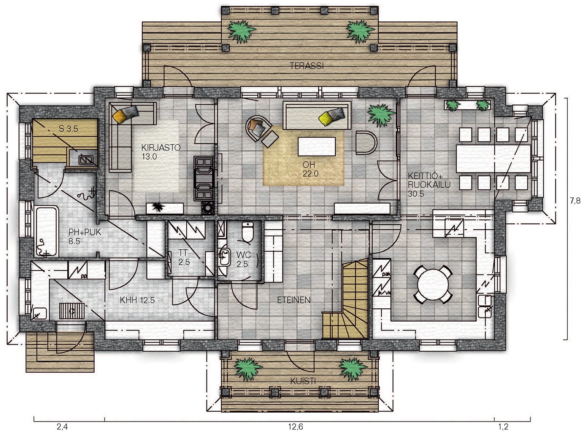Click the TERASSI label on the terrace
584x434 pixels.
[306, 65]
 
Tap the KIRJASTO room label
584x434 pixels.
[161, 147]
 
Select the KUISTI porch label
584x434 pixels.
[303, 381]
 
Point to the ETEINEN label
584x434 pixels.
[294, 300]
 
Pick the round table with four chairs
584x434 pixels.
[433, 284]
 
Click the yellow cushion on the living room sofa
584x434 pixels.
[326, 118]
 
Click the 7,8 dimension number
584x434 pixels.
[575, 201]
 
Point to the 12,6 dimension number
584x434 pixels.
[295, 426]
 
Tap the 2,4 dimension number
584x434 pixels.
[62, 426]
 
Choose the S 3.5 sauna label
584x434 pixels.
[68, 129]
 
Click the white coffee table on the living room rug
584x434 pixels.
[317, 146]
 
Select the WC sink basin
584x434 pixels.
[224, 257]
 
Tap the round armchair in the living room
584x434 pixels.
[258, 128]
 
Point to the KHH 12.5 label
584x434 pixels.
[137, 300]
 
